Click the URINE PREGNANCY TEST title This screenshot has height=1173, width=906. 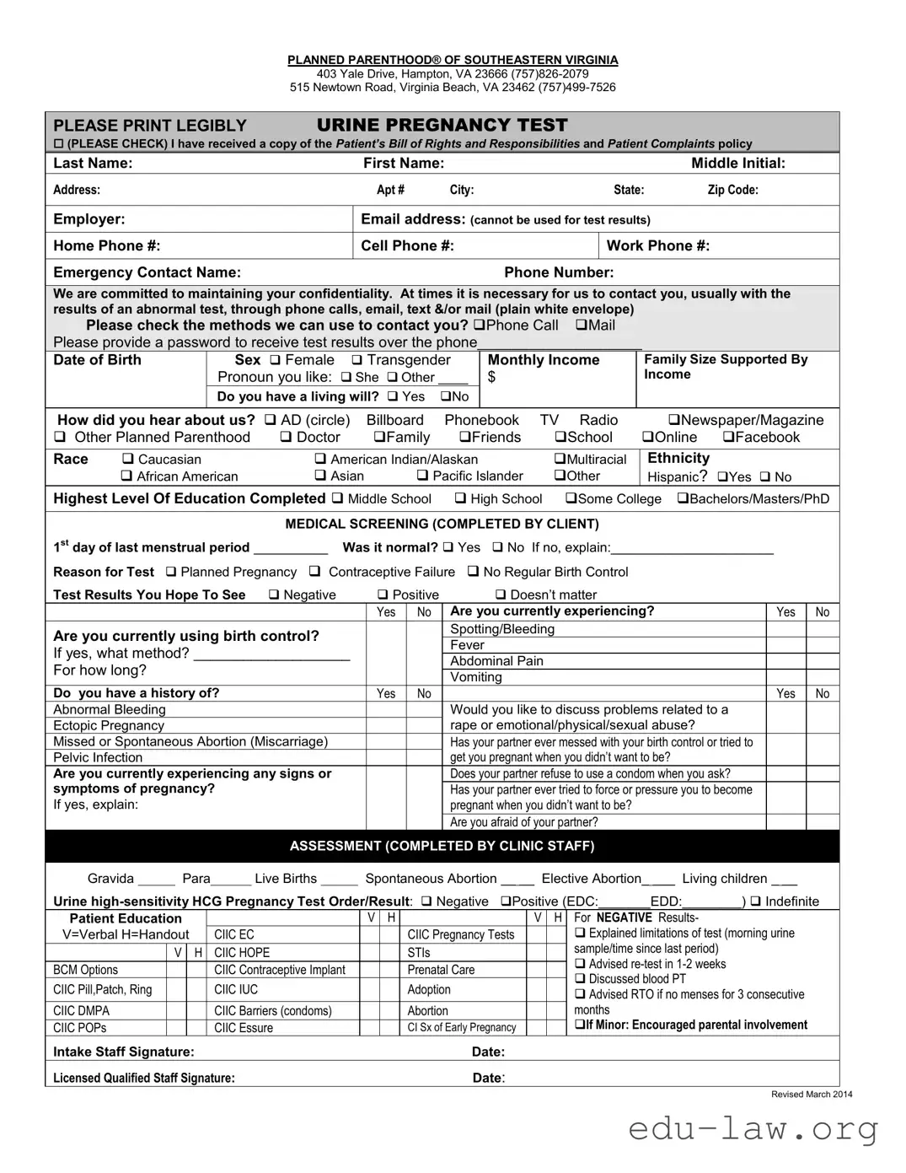tap(442, 125)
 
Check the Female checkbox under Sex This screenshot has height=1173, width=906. tap(275, 360)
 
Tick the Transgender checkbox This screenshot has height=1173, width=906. tap(357, 360)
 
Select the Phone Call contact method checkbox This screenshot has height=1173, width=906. tap(479, 326)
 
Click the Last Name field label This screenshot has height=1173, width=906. tap(93, 164)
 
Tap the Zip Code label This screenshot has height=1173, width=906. tap(732, 191)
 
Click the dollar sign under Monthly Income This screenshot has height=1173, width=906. tap(491, 377)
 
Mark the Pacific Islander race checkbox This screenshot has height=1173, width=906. tap(422, 476)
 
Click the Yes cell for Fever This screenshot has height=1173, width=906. tap(785, 645)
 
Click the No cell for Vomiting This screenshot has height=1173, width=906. tap(823, 677)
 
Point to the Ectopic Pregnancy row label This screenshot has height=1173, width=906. tap(109, 726)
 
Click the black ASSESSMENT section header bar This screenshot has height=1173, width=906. tap(442, 846)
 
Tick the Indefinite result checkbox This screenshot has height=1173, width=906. tap(755, 901)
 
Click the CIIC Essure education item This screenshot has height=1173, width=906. tap(244, 1028)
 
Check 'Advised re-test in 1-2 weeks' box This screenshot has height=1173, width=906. tap(580, 964)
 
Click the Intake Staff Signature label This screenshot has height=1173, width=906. tap(123, 1052)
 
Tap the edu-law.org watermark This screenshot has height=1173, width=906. tap(753, 1128)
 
